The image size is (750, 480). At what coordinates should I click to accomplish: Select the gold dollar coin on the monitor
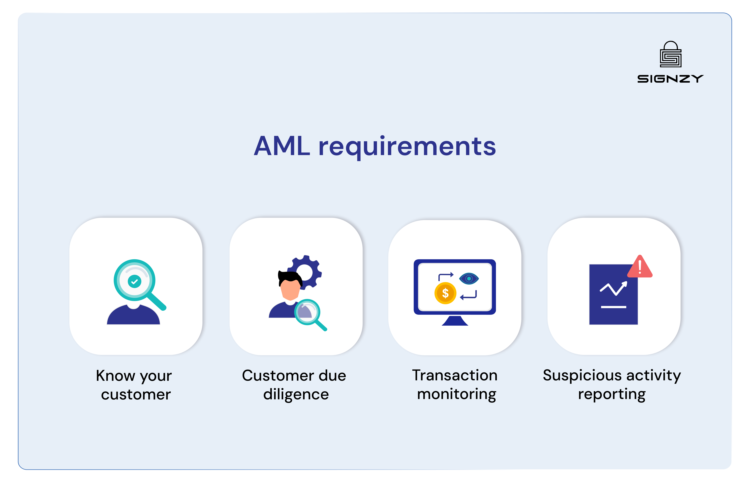pos(445,293)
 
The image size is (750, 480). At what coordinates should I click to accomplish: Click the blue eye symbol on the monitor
pos(469,278)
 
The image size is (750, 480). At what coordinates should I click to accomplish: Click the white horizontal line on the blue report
pos(613,307)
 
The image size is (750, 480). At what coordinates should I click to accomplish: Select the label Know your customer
pos(134,385)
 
